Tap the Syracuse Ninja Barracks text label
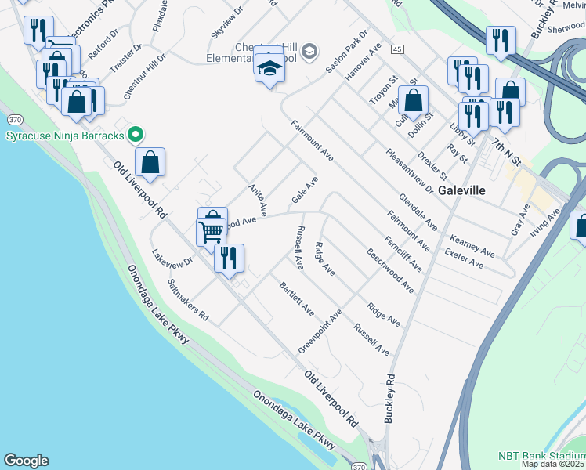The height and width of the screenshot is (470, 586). point(65,136)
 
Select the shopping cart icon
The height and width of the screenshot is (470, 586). point(210,232)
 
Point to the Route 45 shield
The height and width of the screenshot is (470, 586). point(398,49)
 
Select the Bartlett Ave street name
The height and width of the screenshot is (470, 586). point(297,298)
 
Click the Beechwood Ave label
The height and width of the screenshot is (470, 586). point(389,271)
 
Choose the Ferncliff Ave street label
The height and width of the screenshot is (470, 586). point(403,252)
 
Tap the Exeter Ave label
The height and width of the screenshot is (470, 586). point(464,258)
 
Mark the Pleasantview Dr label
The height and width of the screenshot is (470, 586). point(410,171)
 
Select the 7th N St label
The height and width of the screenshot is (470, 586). point(507,151)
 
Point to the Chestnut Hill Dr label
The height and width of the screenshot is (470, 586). point(145,76)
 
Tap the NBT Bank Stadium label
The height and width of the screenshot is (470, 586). point(541,456)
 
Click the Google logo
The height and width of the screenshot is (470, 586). point(26,461)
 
